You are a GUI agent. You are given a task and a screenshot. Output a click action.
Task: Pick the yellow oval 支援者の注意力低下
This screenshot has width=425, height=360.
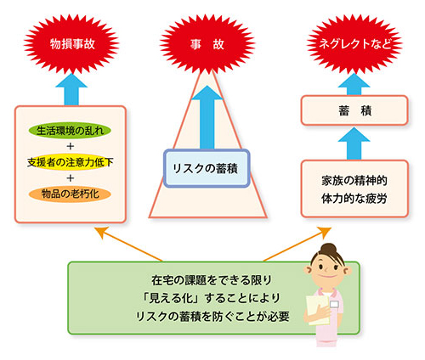coord(70,161)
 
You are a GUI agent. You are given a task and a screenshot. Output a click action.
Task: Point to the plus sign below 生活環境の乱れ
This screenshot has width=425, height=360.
coord(70,145)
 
